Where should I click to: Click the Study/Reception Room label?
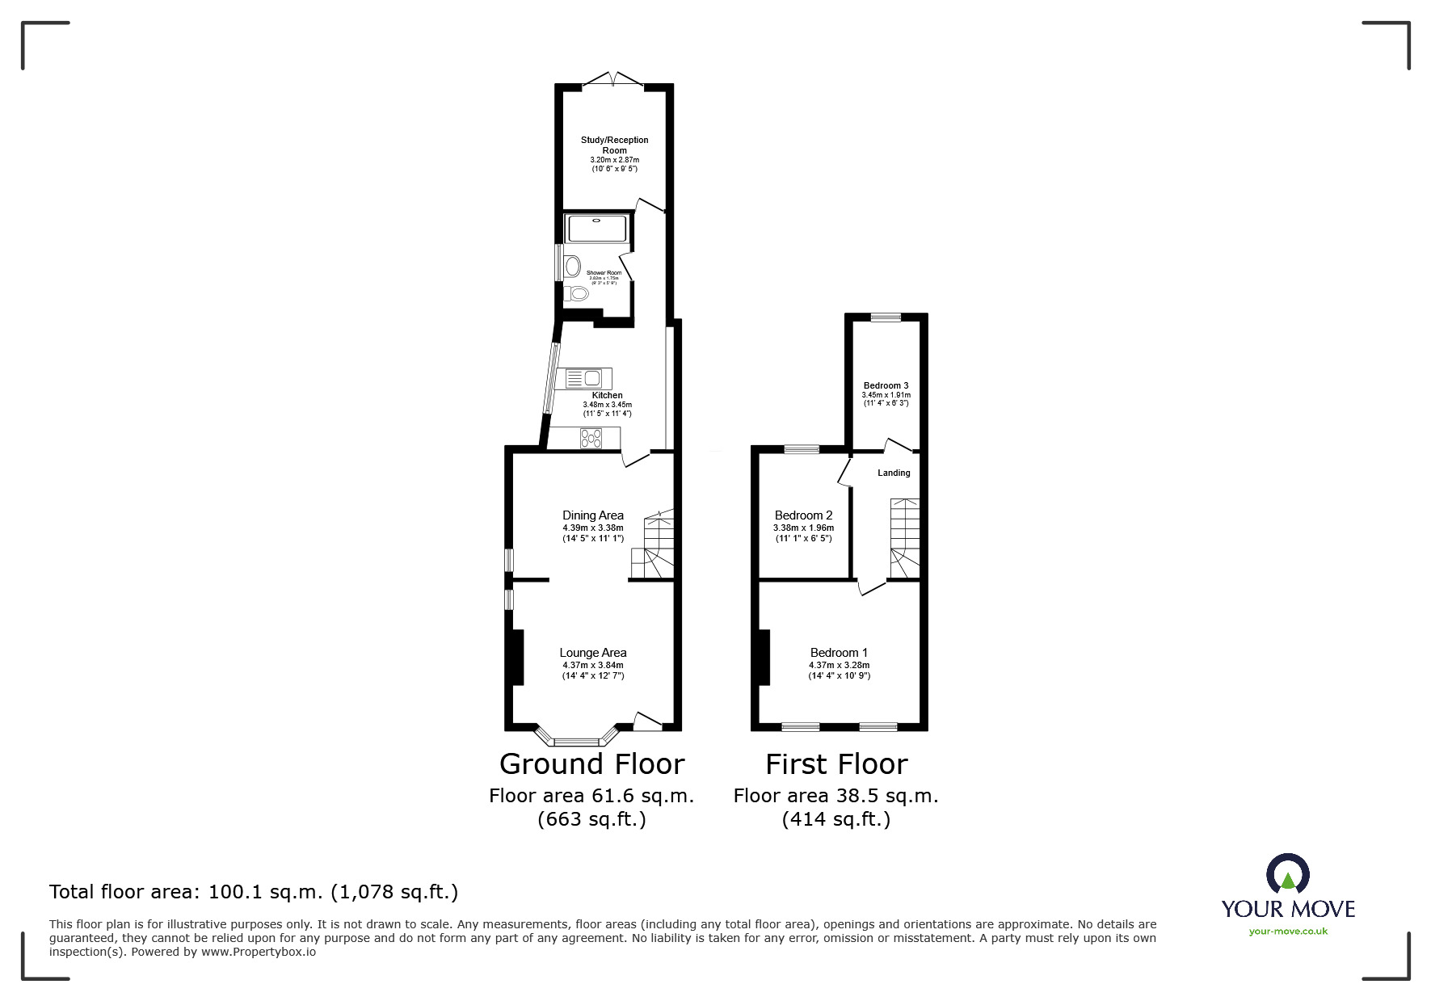614,145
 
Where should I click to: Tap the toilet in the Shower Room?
577,293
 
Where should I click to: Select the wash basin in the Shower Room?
573,265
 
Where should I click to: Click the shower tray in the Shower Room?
597,229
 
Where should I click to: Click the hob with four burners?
591,438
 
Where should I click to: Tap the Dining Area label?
593,515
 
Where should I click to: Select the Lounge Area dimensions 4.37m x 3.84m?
593,665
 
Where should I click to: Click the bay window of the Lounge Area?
577,738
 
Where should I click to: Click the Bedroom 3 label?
886,385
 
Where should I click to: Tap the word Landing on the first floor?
894,473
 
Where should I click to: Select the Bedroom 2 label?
803,515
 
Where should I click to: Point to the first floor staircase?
904,538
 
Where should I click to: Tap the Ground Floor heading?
591,763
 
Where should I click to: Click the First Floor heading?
836,763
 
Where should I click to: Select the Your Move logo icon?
1287,874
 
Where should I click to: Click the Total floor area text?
254,892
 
